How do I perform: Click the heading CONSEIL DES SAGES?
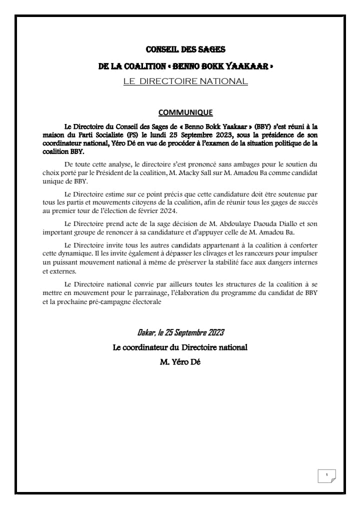point(185,49)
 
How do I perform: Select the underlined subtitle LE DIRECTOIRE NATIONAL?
point(185,81)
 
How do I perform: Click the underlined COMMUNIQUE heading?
point(185,112)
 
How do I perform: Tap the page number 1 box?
point(326,475)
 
